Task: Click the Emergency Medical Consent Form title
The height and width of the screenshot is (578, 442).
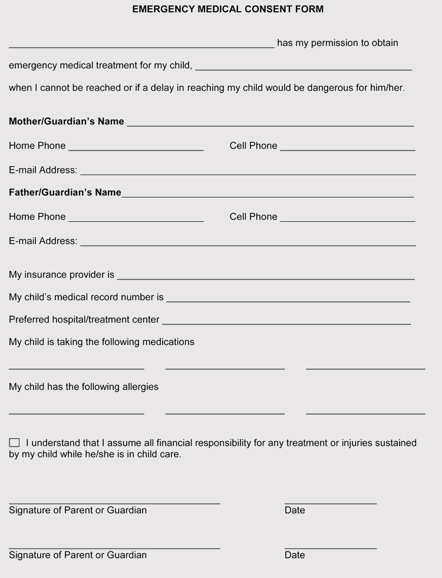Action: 227,9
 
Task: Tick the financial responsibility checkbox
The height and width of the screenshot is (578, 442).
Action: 14,442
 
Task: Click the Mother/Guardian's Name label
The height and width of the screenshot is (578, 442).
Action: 67,121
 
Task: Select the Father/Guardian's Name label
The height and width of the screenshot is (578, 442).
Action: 65,193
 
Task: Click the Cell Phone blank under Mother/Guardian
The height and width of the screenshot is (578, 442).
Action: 348,147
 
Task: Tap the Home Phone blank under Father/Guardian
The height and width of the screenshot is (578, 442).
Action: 136,218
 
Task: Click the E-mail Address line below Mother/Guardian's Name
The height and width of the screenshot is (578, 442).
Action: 248,172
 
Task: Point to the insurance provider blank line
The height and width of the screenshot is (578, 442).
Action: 266,276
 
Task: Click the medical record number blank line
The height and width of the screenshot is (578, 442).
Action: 288,298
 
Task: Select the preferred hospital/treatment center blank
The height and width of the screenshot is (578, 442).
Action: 286,321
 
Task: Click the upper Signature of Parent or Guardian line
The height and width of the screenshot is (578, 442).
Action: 114,501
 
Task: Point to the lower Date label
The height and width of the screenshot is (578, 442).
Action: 295,555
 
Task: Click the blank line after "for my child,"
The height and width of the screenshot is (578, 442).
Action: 304,67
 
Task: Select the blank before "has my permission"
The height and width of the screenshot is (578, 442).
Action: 141,44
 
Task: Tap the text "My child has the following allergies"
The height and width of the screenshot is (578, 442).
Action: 84,387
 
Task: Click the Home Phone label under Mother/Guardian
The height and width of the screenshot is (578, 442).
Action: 37,146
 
